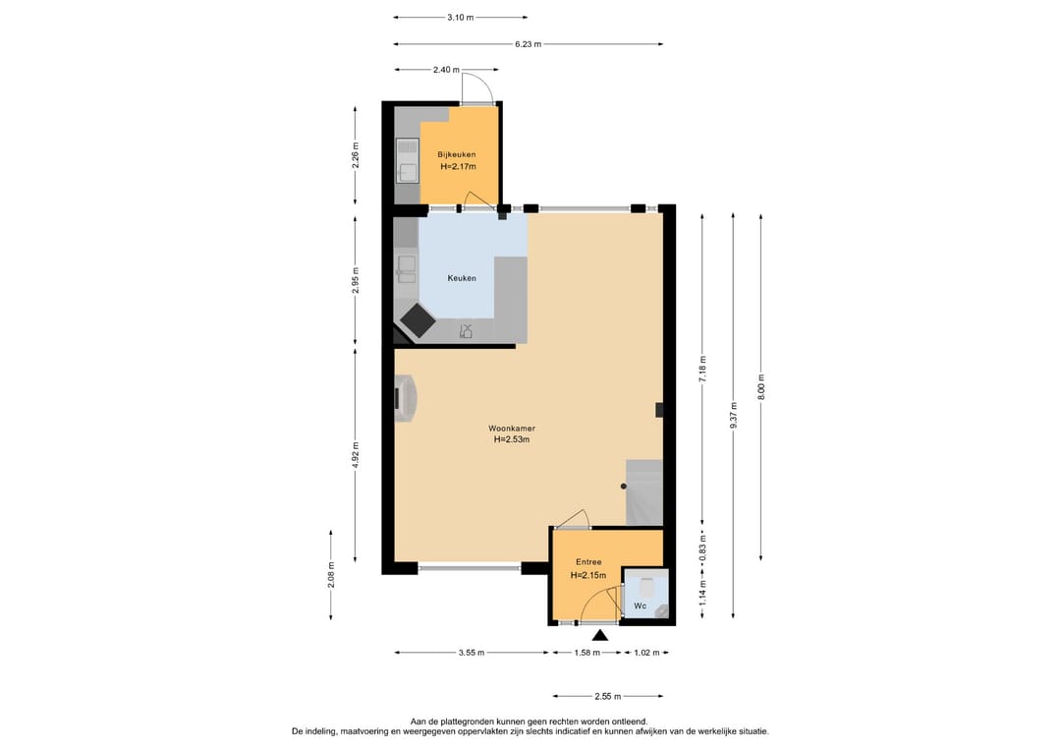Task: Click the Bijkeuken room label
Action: [456, 154]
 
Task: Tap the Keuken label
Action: [462, 278]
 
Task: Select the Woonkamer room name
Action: [512, 429]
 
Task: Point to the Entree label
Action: [588, 562]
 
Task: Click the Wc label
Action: [641, 606]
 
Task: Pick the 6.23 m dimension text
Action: [528, 44]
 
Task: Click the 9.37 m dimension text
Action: [734, 415]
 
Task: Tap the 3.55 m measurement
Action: [471, 653]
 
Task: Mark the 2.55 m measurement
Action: [608, 696]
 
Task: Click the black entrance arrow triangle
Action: [599, 635]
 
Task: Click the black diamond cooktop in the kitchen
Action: [418, 320]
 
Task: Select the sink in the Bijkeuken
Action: [408, 160]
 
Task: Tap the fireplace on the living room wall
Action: [406, 400]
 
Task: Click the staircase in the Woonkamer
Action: [643, 492]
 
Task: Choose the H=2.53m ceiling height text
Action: [512, 439]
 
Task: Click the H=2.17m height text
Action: [458, 166]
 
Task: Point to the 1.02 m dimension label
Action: [646, 653]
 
